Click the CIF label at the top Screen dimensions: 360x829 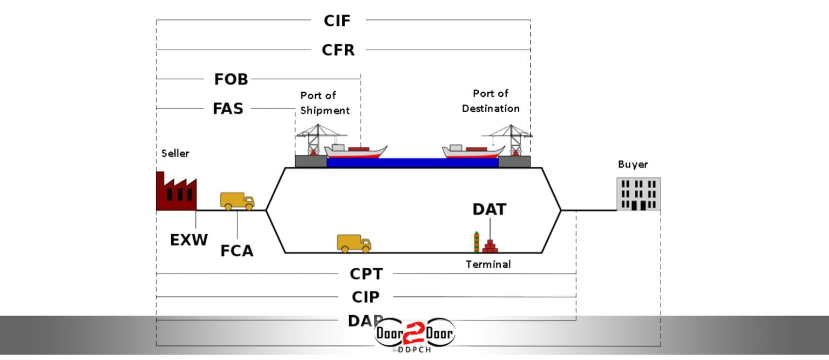[337, 21]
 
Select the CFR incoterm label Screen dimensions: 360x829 [338, 50]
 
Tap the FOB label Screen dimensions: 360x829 [231, 79]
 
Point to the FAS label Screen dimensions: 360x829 [228, 108]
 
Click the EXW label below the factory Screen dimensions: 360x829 [189, 240]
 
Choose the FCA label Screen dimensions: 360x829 [237, 251]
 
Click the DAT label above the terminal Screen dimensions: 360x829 [490, 209]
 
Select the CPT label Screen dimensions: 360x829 [366, 274]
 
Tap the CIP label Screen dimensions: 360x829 [365, 297]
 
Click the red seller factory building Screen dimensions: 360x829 [175, 192]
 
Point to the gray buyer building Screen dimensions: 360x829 [638, 194]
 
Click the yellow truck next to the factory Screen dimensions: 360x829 [237, 201]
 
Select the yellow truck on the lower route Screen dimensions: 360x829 [354, 243]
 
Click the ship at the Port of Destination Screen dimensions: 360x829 [472, 151]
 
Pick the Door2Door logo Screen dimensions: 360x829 [414, 335]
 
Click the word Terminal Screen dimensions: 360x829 [488, 264]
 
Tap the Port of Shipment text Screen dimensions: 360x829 [325, 103]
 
